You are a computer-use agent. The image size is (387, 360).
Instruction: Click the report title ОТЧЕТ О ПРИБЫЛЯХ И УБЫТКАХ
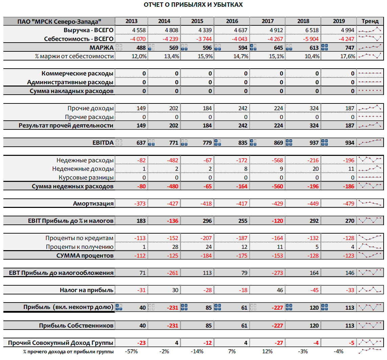point(193,5)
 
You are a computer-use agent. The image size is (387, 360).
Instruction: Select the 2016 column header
point(232,21)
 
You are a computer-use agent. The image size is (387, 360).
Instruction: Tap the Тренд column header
point(370,21)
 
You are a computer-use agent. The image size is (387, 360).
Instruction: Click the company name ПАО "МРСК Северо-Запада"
point(59,21)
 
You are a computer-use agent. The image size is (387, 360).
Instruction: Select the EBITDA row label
point(103,143)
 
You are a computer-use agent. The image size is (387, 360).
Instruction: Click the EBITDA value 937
point(314,143)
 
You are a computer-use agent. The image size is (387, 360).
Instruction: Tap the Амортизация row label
point(93,203)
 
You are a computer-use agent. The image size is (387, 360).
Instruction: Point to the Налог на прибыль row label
point(87,290)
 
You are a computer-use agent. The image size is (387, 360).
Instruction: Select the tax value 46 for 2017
point(280,290)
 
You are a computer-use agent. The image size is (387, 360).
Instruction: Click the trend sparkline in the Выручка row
point(370,30)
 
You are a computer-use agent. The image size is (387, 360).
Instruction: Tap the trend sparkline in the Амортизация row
point(370,203)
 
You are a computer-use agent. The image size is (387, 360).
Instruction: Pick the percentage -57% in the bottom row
point(131,352)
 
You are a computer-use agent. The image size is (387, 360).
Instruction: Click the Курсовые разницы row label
point(86,177)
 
